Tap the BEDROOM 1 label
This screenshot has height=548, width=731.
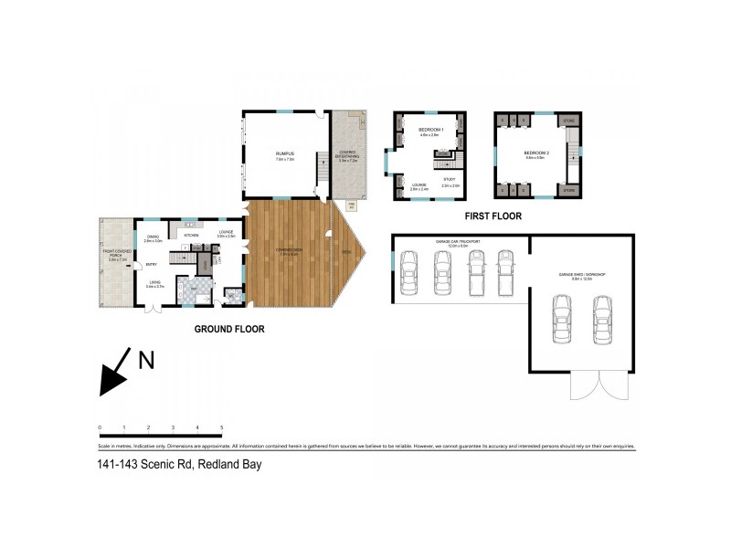pyautogui.click(x=430, y=130)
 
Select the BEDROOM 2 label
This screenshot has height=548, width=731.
pyautogui.click(x=535, y=153)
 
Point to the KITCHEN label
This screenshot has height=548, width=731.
pyautogui.click(x=192, y=235)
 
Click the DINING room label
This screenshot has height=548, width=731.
pyautogui.click(x=154, y=237)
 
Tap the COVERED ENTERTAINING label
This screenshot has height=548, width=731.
pyautogui.click(x=348, y=153)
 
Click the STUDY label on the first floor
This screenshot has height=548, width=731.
pyautogui.click(x=449, y=179)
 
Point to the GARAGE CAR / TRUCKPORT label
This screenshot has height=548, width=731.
pyautogui.click(x=451, y=242)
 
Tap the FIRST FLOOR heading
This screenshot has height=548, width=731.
pyautogui.click(x=493, y=216)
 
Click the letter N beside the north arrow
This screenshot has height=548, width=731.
pyautogui.click(x=145, y=360)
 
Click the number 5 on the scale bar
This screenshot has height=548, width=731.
pyautogui.click(x=222, y=427)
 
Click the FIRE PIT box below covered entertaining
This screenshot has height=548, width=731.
pyautogui.click(x=350, y=205)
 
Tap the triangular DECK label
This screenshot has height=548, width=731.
pyautogui.click(x=346, y=252)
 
